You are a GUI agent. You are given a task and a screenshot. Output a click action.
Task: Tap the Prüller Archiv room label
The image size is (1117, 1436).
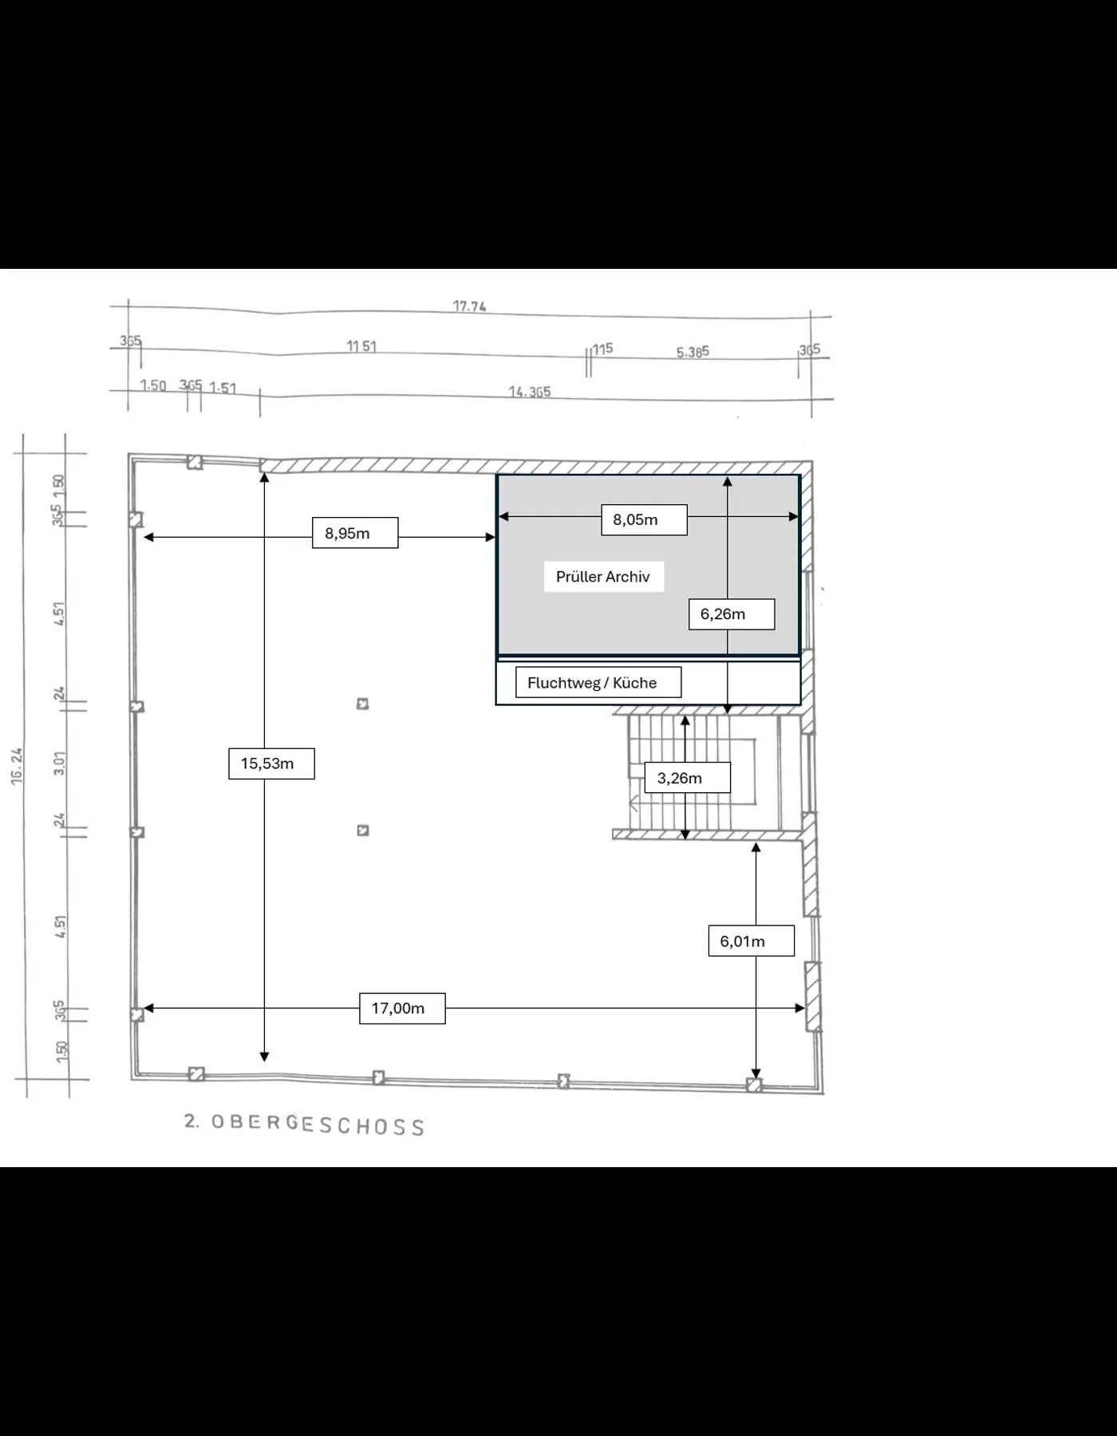[603, 577]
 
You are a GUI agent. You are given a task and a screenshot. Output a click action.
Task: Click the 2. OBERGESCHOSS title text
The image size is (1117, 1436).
[304, 1123]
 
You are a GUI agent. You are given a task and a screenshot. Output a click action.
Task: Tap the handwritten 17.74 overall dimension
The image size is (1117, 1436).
[469, 306]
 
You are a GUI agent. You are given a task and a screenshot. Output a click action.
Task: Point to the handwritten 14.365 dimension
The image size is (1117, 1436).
[530, 392]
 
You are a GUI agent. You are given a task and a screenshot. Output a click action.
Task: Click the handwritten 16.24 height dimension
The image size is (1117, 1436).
[18, 767]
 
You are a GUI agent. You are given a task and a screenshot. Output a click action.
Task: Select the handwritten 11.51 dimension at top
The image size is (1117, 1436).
[361, 346]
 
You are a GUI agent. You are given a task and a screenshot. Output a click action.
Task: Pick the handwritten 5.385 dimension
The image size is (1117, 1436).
[693, 352]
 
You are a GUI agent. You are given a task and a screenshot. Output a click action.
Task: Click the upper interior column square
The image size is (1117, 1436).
[362, 704]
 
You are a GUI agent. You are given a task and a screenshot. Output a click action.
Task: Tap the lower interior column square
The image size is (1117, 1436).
[363, 830]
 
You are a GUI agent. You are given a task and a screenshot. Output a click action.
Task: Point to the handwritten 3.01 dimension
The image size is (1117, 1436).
[60, 763]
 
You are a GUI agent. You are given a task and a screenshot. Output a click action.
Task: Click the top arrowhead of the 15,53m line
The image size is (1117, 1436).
[264, 478]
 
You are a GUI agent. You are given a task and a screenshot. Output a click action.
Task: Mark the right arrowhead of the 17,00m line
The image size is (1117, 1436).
[800, 1008]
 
